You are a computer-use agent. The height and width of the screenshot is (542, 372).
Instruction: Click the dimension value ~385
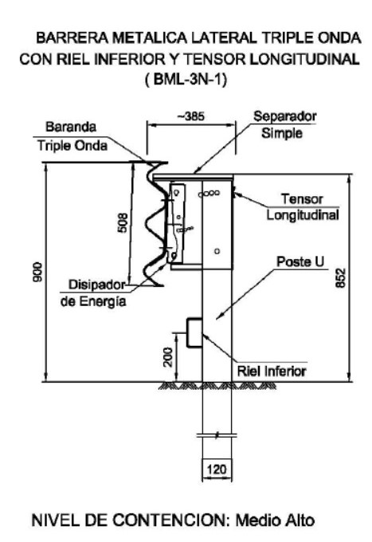click(190, 116)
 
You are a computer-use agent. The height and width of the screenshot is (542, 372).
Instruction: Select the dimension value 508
click(123, 223)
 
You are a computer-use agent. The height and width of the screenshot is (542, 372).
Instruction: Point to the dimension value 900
click(38, 272)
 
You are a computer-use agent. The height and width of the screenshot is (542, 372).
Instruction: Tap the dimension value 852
click(341, 277)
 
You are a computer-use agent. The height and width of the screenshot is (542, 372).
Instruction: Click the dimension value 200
click(168, 357)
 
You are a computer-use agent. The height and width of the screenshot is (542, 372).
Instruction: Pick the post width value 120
click(217, 469)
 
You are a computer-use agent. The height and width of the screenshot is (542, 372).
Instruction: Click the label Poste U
click(300, 261)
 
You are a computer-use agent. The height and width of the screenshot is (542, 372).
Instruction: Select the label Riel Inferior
click(272, 371)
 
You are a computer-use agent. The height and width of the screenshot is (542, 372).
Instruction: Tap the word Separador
click(285, 116)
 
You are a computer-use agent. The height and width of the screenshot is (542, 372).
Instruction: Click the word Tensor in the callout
click(302, 198)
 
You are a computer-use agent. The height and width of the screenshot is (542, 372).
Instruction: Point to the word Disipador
click(96, 285)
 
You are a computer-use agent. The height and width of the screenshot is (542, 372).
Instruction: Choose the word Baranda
click(71, 127)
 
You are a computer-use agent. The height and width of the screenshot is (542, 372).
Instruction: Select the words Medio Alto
click(276, 520)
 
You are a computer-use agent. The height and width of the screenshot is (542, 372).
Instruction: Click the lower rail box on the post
click(194, 332)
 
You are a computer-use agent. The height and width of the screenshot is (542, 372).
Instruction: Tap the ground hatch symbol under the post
click(217, 386)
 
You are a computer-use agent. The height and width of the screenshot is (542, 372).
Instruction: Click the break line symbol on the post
click(217, 435)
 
